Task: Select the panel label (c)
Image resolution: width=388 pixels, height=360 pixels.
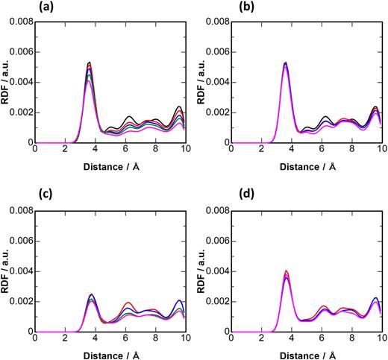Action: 14,196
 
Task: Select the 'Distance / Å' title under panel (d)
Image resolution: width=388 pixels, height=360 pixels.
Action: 307,354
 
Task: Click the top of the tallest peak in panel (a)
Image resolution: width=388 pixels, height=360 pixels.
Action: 89,62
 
